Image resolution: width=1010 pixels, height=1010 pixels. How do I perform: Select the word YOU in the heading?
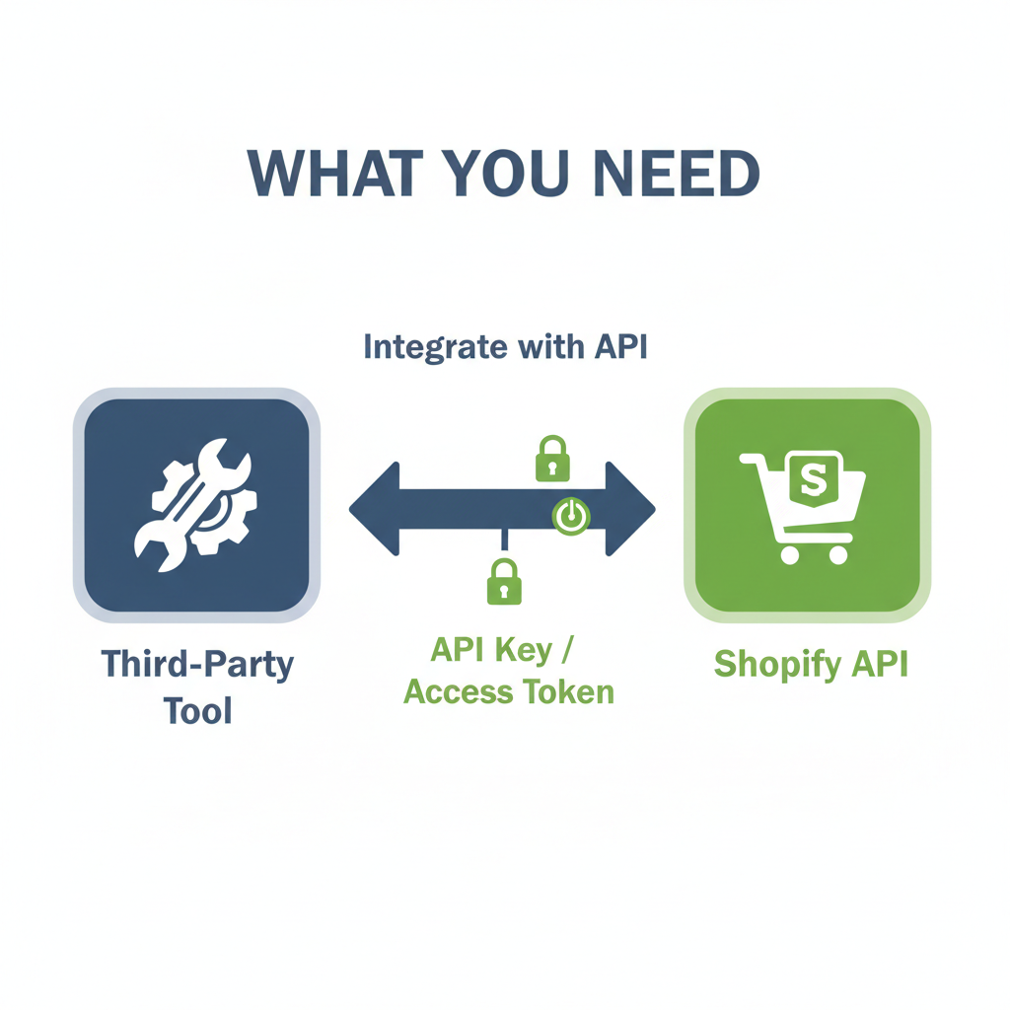click(x=508, y=173)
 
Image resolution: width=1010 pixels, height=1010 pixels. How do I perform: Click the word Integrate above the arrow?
click(x=435, y=347)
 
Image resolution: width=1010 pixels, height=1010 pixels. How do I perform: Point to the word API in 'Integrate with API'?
click(x=621, y=346)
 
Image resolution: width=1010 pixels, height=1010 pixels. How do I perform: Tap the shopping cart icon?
click(x=803, y=507)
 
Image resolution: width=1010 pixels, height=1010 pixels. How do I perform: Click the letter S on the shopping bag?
click(x=813, y=479)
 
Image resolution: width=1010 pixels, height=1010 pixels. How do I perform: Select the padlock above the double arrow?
click(x=552, y=458)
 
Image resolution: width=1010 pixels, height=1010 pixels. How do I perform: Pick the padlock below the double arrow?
click(x=504, y=581)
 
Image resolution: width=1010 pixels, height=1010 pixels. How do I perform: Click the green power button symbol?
click(x=571, y=515)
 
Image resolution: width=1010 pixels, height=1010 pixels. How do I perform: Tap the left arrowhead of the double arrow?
click(x=374, y=509)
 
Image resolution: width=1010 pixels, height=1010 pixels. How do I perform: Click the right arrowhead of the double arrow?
click(x=630, y=509)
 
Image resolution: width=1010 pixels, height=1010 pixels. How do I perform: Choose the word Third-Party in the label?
click(x=197, y=664)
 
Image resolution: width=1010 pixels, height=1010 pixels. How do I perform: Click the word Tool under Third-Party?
click(x=197, y=711)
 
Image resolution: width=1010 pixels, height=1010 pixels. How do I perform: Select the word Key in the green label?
click(x=524, y=651)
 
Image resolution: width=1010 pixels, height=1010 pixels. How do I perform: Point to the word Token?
click(x=568, y=691)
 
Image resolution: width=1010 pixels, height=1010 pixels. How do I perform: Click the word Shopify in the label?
click(x=777, y=664)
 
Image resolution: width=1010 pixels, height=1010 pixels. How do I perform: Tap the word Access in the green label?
click(x=459, y=692)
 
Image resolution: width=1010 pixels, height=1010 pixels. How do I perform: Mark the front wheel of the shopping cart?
click(x=838, y=554)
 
